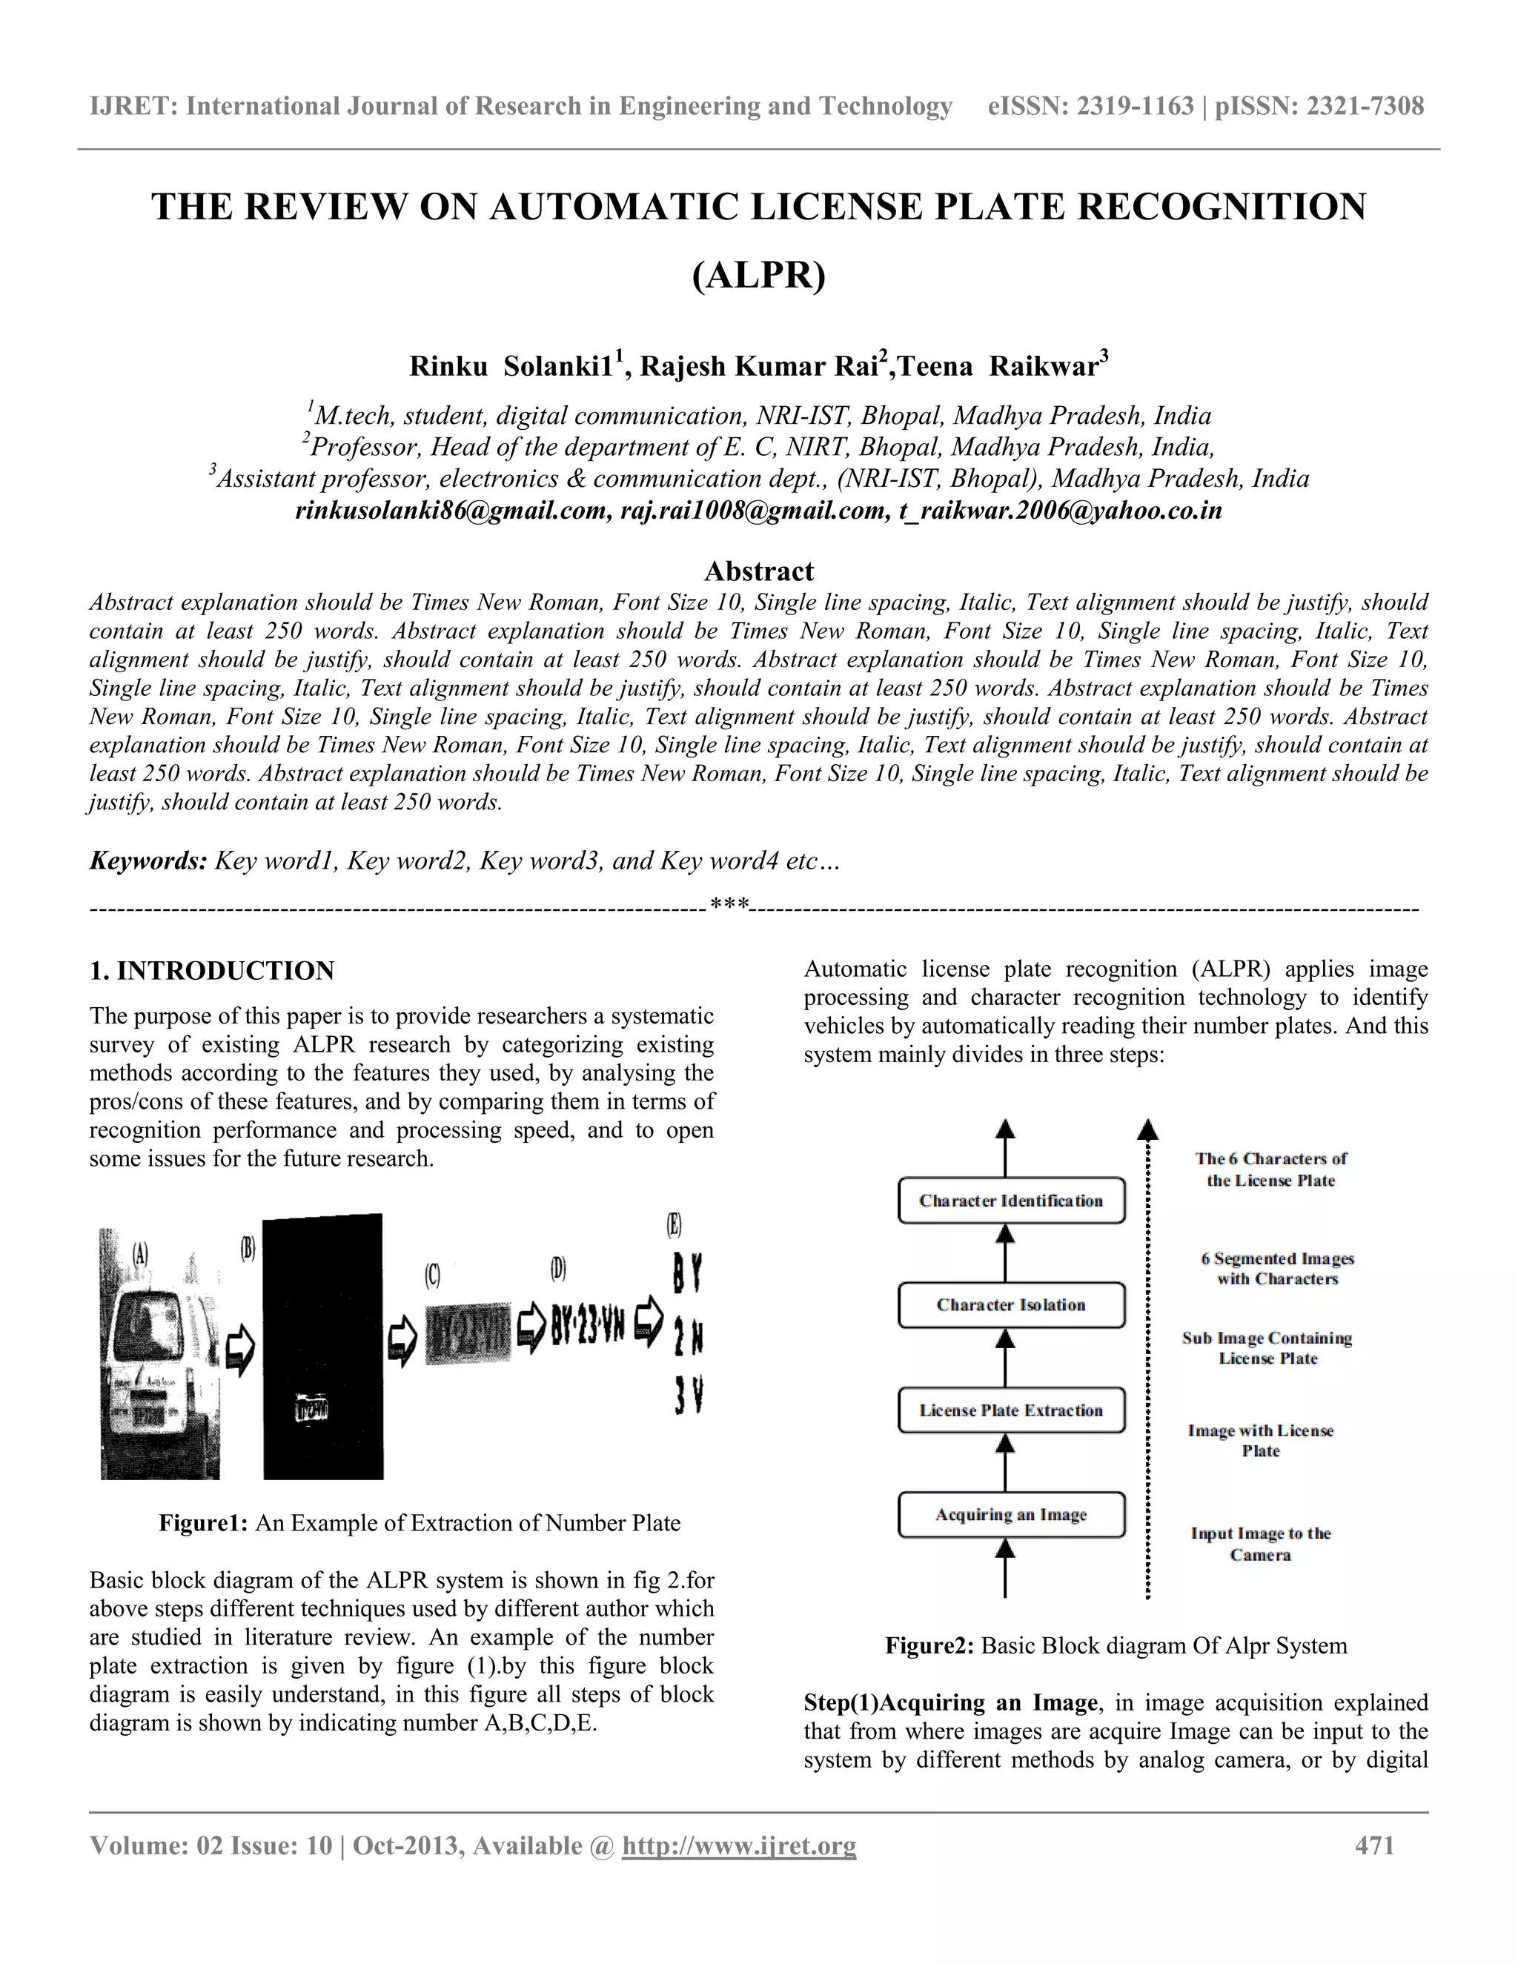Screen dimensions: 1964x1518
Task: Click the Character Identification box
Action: pos(1011,1201)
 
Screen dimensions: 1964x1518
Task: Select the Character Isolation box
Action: pos(1011,1305)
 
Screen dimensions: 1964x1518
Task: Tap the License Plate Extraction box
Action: pos(1011,1410)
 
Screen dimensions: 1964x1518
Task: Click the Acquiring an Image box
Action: pos(1011,1514)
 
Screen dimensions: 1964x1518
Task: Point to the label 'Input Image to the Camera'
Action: pos(1261,1544)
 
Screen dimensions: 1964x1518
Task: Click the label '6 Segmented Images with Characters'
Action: pos(1277,1269)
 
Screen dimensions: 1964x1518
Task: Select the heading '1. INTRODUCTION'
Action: pos(211,970)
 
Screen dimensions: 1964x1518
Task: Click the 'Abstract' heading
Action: pos(758,571)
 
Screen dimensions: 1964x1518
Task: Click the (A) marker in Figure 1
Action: pos(140,1253)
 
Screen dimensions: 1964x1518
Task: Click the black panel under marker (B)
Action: pos(323,1349)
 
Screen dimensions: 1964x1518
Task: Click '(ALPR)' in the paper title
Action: pos(758,275)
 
